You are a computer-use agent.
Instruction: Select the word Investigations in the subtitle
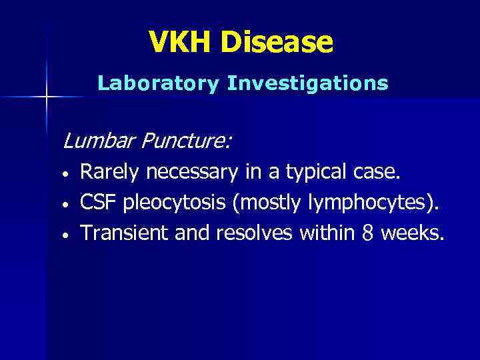(307, 83)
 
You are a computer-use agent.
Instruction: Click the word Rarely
(110, 174)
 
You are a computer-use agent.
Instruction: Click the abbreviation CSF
(97, 203)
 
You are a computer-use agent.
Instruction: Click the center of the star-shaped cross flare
(47, 97)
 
